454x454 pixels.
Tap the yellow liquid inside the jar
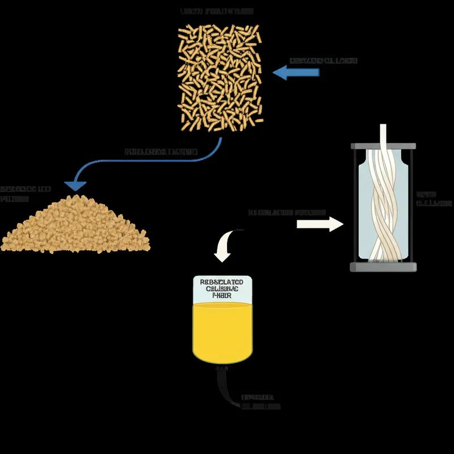coord(222,332)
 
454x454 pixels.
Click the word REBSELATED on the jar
coord(222,281)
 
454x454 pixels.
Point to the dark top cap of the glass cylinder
coord(381,146)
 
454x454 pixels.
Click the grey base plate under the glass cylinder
coord(381,267)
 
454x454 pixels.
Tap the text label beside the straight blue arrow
coord(323,61)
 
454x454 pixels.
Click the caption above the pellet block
coord(217,11)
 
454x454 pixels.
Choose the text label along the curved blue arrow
coord(161,152)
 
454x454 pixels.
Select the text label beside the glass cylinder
coord(434,198)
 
